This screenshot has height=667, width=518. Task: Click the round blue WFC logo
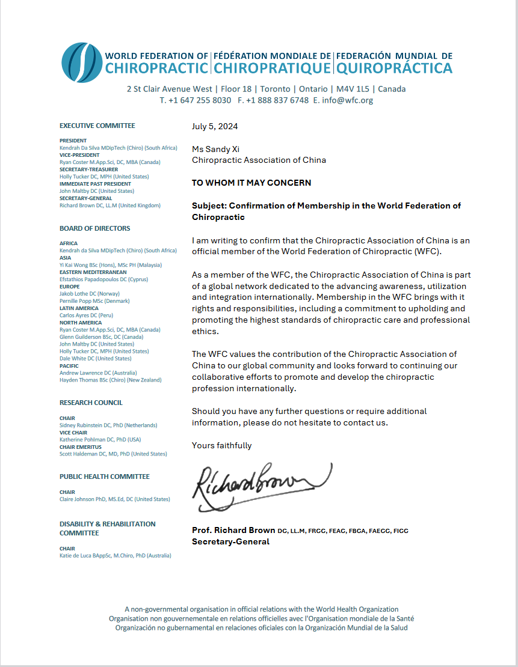tap(82, 62)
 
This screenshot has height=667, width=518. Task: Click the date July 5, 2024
tap(215, 126)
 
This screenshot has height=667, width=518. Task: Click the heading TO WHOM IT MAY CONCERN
tap(251, 183)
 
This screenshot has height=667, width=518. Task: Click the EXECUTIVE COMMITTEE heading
tap(97, 126)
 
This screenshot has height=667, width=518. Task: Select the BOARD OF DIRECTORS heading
tap(94, 228)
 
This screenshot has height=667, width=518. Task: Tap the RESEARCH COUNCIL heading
tap(91, 403)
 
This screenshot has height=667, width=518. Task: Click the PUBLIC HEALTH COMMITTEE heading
tap(104, 477)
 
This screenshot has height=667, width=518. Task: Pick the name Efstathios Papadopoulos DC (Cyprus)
tap(103, 279)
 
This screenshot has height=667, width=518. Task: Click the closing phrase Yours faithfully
tap(221, 445)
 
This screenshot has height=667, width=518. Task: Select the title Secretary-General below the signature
tap(230, 541)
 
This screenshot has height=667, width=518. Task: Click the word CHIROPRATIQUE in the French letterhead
tap(272, 69)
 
